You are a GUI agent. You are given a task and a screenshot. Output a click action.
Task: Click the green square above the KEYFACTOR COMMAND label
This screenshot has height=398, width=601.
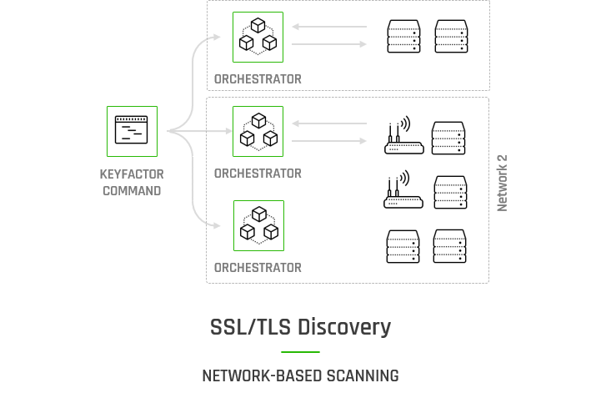coord(132,131)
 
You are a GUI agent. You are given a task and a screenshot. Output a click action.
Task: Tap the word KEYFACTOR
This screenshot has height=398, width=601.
coord(132,174)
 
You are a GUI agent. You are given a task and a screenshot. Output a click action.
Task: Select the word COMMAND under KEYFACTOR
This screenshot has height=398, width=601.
coord(132,190)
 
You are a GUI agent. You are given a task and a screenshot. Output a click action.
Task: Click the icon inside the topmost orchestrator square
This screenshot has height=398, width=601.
coord(264,34)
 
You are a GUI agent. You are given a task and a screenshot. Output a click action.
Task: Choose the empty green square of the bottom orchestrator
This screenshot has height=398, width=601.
coord(258,225)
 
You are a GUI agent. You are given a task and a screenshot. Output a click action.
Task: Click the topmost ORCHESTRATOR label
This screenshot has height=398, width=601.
coord(258,79)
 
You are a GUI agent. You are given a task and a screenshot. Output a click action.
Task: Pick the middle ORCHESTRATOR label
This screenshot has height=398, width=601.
coord(258,174)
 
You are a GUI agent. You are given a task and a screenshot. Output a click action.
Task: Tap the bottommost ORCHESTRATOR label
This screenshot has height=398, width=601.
coord(258,268)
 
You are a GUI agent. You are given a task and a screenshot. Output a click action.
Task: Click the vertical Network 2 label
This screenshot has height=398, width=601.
coord(503,183)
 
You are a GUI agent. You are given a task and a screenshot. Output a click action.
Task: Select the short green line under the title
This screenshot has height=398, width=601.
coord(300,352)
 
